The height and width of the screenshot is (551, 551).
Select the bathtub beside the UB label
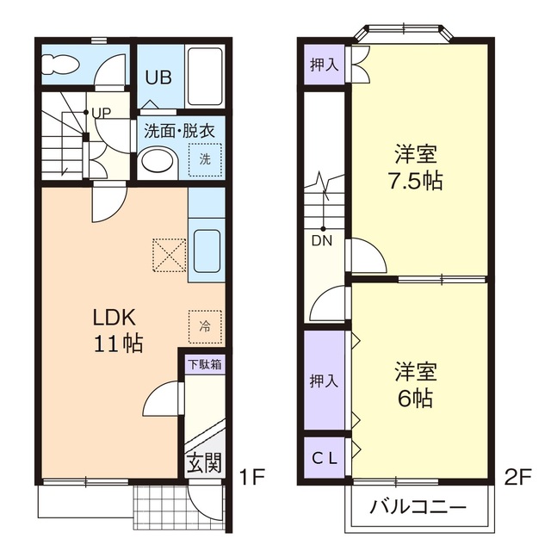coord(204,77)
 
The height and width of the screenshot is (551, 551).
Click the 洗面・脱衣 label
coord(179,132)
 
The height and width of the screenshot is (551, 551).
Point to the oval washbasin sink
coord(155,161)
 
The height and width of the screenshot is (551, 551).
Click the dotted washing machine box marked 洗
coord(205,159)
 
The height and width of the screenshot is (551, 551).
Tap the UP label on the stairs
coord(101,114)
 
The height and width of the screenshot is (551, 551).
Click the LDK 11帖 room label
coord(117,329)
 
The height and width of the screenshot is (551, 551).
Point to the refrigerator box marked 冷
coord(205,325)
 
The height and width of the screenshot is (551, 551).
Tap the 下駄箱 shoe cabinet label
coord(205,364)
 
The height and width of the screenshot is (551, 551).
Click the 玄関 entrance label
coord(204,462)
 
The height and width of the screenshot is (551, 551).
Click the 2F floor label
coord(521,475)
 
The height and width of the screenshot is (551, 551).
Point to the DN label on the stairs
coord(322,240)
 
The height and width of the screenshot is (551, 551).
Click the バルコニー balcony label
coord(418,505)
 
